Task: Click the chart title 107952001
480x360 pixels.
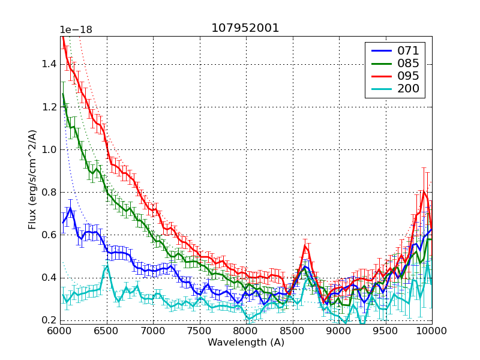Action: tap(245, 28)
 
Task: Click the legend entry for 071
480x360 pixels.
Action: tap(407, 50)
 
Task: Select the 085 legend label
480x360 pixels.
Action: tap(407, 63)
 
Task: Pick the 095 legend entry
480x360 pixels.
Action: tap(407, 76)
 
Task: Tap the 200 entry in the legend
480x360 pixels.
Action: tap(407, 89)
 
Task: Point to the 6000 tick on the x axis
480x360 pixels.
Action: tap(60, 331)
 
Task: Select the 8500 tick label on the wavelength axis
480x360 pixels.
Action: tap(292, 331)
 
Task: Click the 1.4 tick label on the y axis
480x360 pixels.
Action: tap(48, 64)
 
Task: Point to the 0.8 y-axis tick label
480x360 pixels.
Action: tap(48, 192)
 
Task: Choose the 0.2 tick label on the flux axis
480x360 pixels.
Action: tap(48, 320)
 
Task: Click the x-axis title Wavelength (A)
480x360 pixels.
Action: tap(246, 343)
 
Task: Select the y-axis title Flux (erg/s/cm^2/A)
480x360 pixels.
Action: tap(32, 180)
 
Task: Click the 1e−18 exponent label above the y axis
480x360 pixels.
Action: tap(76, 29)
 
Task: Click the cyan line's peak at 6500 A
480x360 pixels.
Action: tap(107, 266)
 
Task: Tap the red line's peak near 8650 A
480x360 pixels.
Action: tap(305, 245)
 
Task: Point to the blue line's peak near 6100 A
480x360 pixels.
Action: tap(71, 208)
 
